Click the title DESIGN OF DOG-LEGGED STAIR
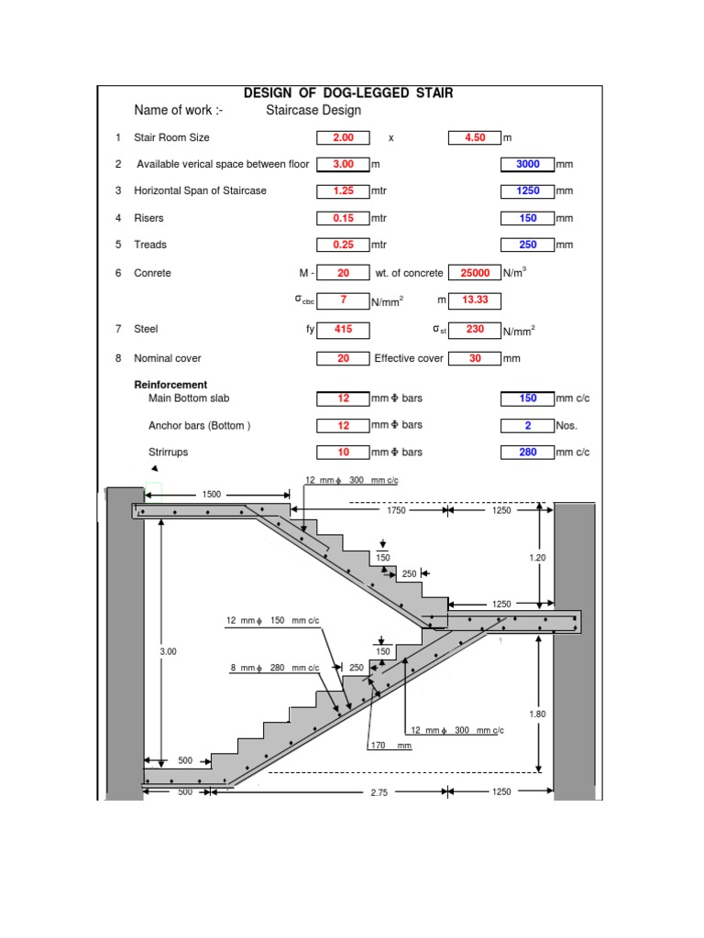coord(347,93)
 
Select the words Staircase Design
coord(313,111)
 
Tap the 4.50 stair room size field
coord(474,137)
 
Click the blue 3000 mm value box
coord(527,164)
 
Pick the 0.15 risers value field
coord(343,218)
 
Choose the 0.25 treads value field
coord(343,245)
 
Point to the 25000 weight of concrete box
coord(474,273)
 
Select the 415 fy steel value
coord(343,329)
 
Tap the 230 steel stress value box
coord(474,329)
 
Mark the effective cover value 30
coord(474,359)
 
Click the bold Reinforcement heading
coord(170,385)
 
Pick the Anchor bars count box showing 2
coord(527,425)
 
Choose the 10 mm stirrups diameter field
coord(343,453)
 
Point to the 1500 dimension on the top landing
coord(212,495)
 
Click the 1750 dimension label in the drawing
coord(396,510)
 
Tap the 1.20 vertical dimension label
coord(539,556)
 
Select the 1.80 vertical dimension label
coord(539,713)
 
